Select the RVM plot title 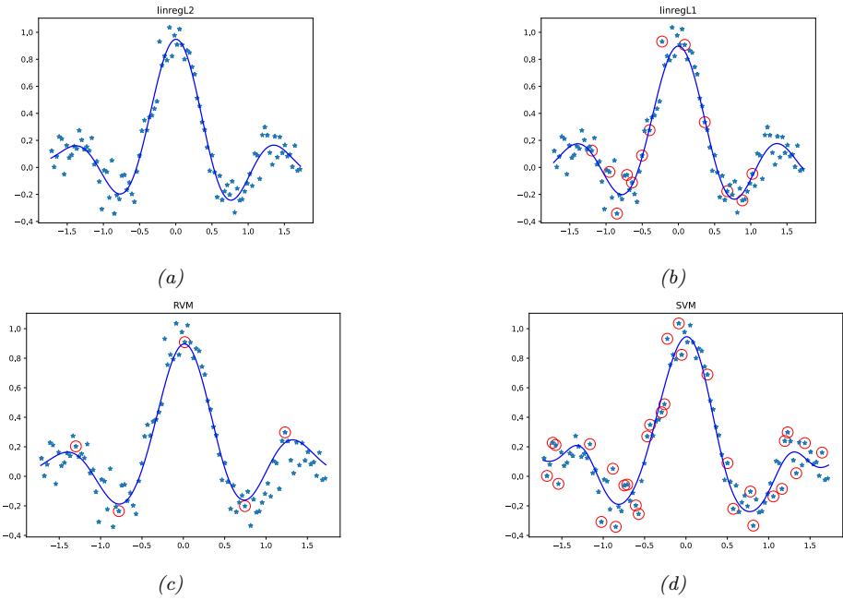coord(182,308)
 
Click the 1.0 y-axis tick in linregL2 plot coord(28,32)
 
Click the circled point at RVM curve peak coord(184,342)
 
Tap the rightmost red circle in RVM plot coord(285,432)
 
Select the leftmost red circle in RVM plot coord(76,446)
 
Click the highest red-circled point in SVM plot coord(679,324)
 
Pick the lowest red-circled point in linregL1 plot coord(617,213)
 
